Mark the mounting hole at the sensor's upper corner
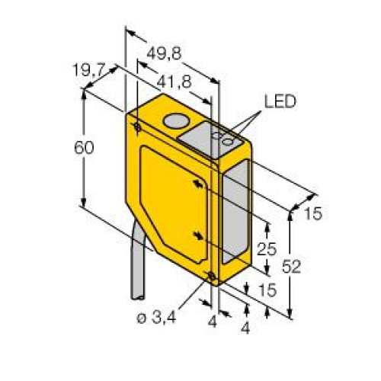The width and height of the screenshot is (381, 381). (x=136, y=126)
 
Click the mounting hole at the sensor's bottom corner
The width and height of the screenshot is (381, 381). (x=211, y=276)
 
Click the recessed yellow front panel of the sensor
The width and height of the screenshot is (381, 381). (x=171, y=202)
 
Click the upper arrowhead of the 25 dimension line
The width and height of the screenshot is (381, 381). (x=267, y=223)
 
